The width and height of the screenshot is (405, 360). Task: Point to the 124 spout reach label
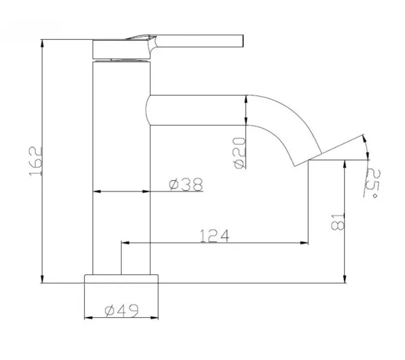tap(215, 236)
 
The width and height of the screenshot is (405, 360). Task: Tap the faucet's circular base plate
tap(122, 278)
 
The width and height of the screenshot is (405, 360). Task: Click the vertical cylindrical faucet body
tap(121, 168)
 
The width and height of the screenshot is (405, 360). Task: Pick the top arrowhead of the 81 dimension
tap(344, 163)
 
